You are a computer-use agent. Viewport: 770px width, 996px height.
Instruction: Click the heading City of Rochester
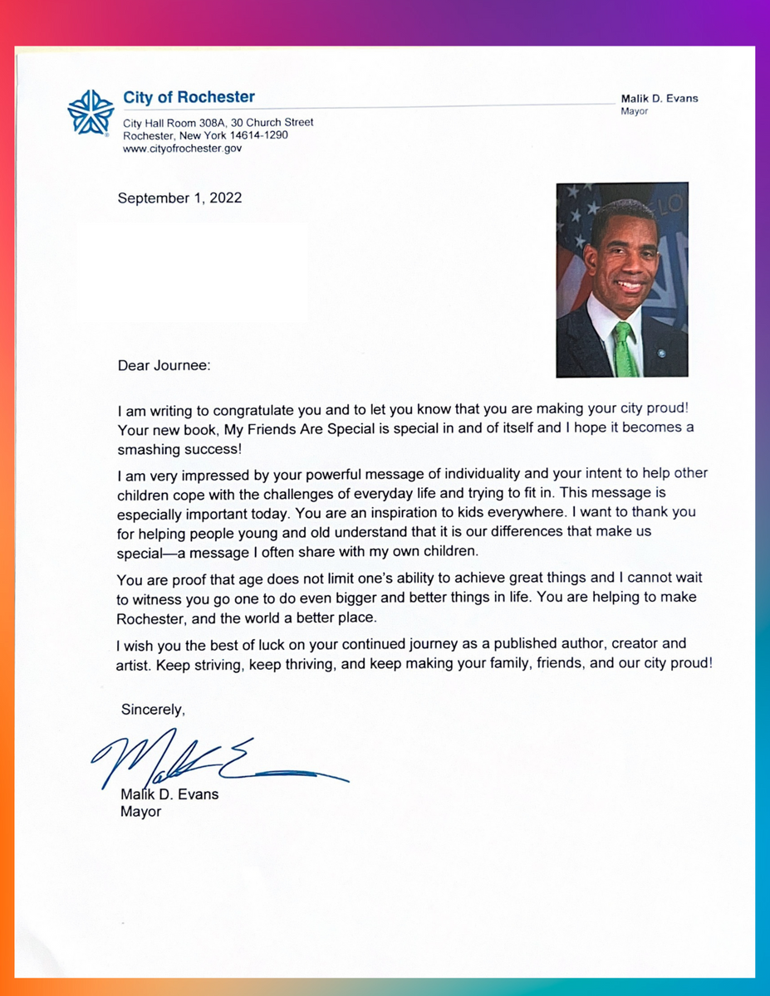click(x=189, y=97)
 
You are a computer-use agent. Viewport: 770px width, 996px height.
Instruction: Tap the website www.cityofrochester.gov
click(x=182, y=149)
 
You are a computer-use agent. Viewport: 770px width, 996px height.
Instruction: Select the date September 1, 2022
click(x=179, y=198)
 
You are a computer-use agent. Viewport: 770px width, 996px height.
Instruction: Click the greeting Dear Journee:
click(x=164, y=365)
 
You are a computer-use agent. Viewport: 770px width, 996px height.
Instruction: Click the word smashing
click(x=147, y=449)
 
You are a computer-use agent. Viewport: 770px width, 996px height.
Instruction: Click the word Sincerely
click(x=152, y=710)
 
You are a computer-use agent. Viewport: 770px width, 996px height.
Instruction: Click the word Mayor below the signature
click(x=140, y=812)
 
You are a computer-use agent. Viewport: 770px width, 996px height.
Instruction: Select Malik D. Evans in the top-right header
click(x=660, y=98)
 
